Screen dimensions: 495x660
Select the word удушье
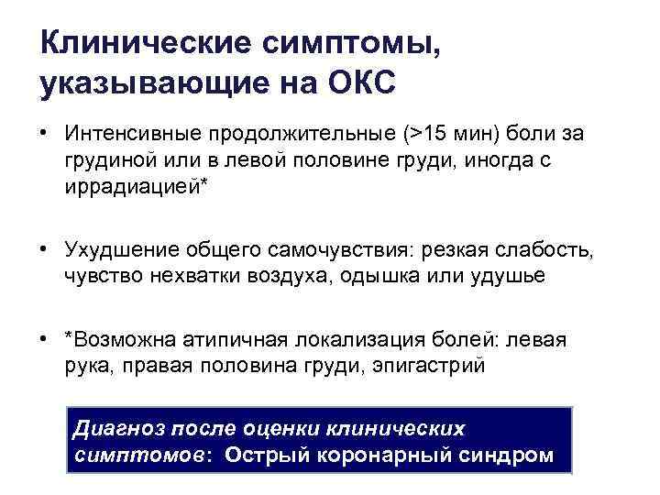tap(505, 274)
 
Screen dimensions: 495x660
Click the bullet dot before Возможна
tap(46, 339)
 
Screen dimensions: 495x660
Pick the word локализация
tap(362, 340)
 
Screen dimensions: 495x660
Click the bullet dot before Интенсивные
tap(46, 134)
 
